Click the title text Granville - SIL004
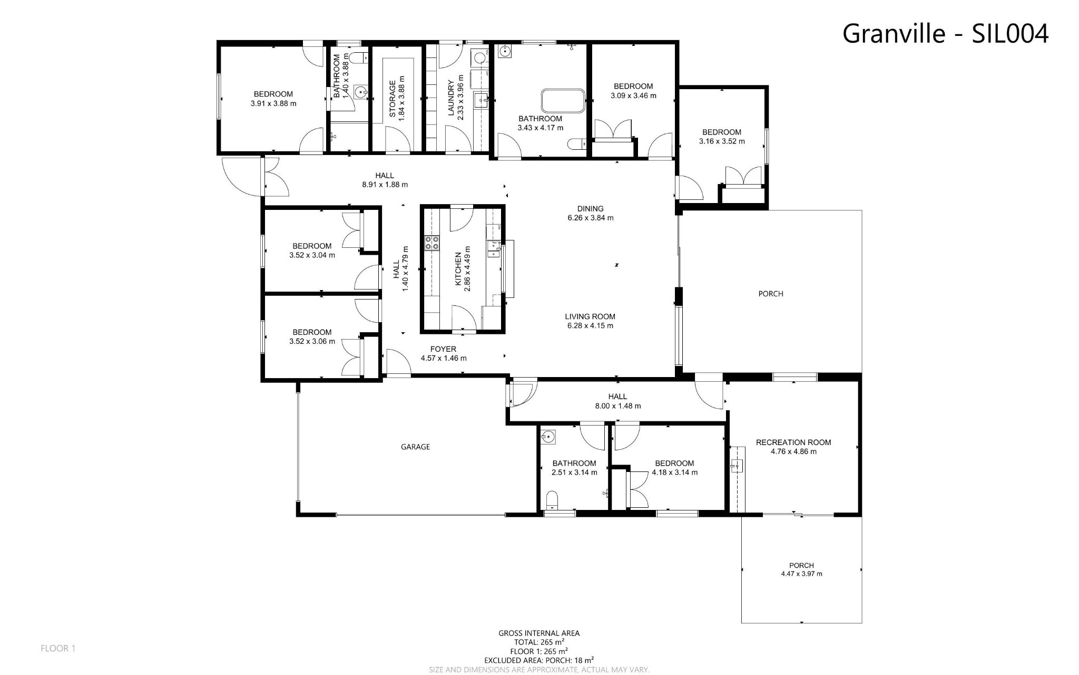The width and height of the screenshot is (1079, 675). click(945, 34)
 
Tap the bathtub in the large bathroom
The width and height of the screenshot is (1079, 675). click(563, 100)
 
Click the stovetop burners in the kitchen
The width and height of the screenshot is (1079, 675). click(432, 243)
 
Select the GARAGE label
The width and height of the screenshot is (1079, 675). click(416, 447)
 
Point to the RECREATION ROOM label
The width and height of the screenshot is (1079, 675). click(793, 442)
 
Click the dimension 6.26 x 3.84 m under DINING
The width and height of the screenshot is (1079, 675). click(590, 218)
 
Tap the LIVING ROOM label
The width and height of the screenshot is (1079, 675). click(590, 316)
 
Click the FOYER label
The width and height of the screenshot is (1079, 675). click(443, 349)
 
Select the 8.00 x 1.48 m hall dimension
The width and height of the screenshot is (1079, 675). click(617, 406)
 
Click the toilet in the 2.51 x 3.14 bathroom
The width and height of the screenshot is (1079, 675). click(552, 498)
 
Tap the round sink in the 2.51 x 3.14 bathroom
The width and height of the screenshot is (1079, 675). click(548, 437)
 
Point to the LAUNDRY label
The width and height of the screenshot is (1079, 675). click(451, 98)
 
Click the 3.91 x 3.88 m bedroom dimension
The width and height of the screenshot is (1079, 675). click(273, 104)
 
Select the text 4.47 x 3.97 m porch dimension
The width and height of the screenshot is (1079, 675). click(801, 574)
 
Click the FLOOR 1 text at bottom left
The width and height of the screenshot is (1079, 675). click(58, 649)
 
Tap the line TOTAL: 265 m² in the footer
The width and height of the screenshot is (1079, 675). click(539, 642)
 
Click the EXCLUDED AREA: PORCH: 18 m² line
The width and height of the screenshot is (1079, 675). click(539, 660)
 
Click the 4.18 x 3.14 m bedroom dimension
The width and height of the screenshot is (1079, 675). click(674, 472)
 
